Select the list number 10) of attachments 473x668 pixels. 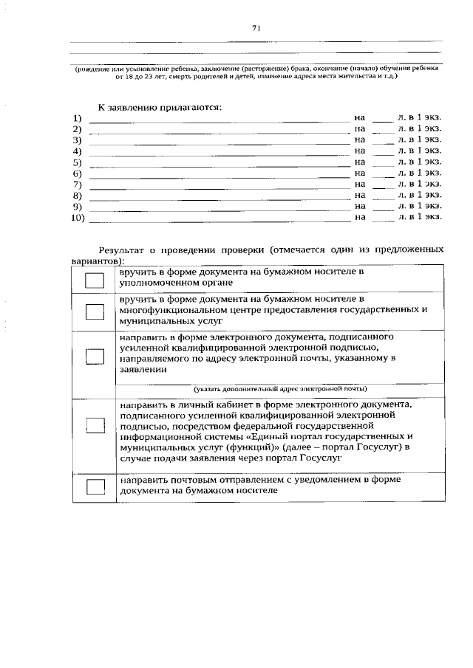coord(78,218)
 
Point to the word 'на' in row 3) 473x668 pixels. coord(360,140)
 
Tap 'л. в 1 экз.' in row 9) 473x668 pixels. coord(420,207)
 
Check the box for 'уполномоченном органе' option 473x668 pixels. coord(95,280)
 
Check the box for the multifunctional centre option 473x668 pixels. coord(95,311)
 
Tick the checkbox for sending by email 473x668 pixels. coord(95,356)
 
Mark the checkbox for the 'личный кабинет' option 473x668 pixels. coord(95,425)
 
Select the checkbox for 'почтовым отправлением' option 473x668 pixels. coord(95,486)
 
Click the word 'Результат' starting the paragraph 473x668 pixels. coord(123,249)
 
